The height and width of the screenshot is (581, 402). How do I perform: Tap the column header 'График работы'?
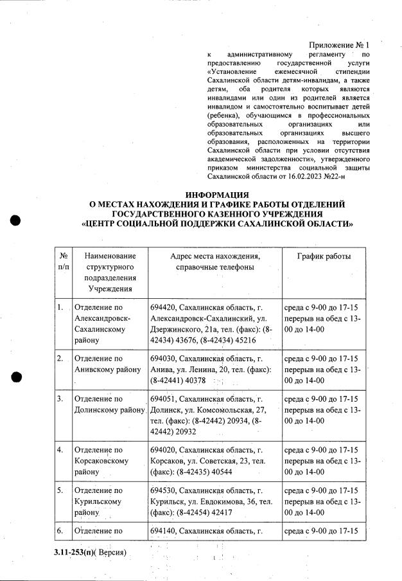(324, 256)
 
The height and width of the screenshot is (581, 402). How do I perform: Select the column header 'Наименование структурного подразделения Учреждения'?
(109, 272)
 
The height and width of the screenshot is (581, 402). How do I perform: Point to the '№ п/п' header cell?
(63, 262)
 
